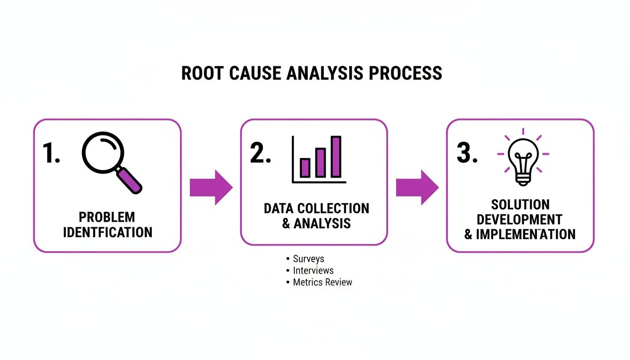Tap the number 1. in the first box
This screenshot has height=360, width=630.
[51, 153]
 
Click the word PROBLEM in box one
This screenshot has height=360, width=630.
[107, 217]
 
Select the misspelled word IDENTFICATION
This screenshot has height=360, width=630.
[107, 232]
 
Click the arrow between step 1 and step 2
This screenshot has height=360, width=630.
[210, 187]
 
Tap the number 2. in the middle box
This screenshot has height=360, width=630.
[260, 153]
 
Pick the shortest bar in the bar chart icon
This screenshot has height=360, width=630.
[305, 167]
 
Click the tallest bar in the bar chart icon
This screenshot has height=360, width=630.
[336, 157]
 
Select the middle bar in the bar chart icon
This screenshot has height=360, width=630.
[321, 162]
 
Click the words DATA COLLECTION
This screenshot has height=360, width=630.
[316, 208]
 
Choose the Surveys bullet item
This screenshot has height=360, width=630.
[308, 259]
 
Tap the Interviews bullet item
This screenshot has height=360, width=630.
[313, 270]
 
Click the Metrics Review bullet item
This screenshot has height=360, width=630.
[322, 282]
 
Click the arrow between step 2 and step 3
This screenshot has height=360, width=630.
[417, 187]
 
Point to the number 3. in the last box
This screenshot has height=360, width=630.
[467, 153]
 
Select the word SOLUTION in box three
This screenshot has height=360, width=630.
[520, 204]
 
